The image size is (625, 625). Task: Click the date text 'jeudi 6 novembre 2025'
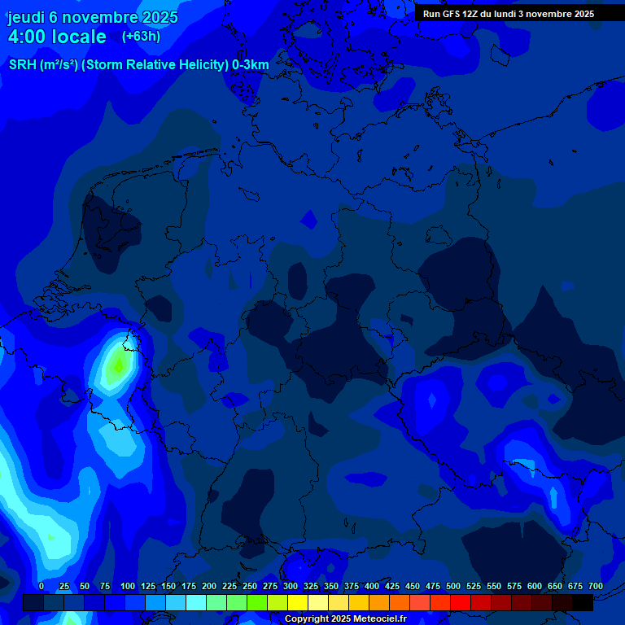(x=92, y=17)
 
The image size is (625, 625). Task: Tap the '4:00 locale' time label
(x=57, y=37)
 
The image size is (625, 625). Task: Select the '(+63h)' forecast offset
(x=141, y=36)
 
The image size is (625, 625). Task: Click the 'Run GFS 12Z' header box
(x=509, y=14)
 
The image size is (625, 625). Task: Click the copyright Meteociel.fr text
(x=345, y=619)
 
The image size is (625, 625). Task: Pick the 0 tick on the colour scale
(x=42, y=586)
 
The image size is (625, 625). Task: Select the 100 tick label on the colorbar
(x=128, y=586)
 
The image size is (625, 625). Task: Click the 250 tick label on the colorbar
(x=250, y=586)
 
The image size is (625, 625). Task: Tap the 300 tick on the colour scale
(x=291, y=586)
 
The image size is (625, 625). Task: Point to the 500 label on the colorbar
(x=453, y=586)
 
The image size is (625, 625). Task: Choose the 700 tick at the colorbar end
(x=595, y=586)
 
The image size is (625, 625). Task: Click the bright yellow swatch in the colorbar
(x=298, y=603)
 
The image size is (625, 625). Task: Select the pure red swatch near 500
(x=461, y=603)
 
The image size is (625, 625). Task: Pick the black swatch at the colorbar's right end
(x=583, y=603)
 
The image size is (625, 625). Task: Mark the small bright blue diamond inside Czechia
(x=432, y=400)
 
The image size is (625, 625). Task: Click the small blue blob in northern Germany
(x=308, y=218)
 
